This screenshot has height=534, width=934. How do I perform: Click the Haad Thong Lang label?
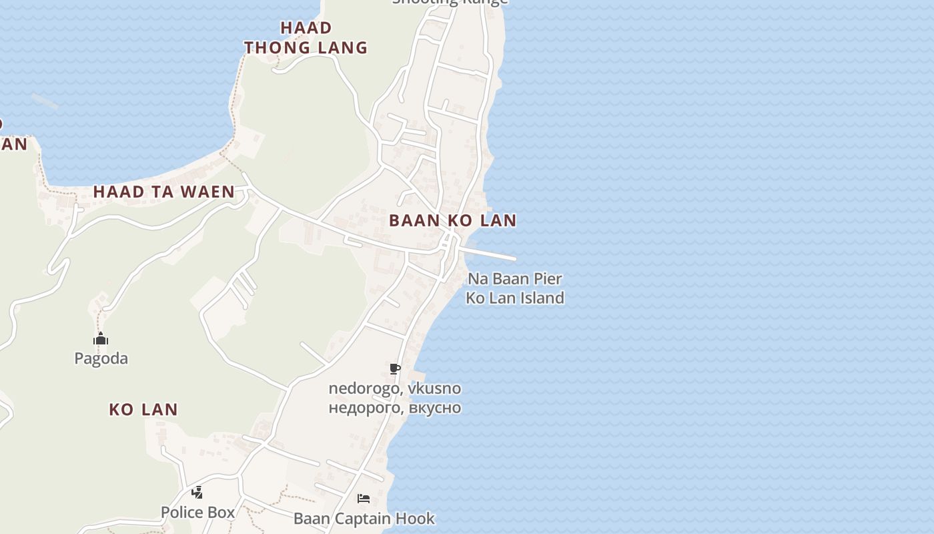(306, 37)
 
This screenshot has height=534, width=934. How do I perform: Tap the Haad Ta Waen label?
(163, 192)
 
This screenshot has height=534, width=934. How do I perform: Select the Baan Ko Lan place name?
(452, 220)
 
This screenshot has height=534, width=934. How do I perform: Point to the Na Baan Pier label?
(514, 279)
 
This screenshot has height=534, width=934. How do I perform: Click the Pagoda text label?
(101, 358)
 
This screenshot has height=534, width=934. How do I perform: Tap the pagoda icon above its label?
(101, 339)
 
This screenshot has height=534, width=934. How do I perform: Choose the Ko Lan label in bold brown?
(143, 409)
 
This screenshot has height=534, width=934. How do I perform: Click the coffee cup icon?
(395, 368)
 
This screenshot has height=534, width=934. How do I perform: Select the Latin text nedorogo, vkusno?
(394, 388)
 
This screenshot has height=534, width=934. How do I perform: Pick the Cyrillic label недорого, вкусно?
(394, 407)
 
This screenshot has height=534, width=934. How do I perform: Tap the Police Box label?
(197, 512)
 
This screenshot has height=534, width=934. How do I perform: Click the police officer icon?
(197, 493)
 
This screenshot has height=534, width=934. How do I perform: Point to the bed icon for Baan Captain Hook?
(364, 499)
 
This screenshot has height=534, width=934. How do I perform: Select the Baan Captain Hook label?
(364, 518)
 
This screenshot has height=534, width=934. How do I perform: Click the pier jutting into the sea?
(490, 254)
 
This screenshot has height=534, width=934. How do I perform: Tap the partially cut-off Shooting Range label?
(450, 2)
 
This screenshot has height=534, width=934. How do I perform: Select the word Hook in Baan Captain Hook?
(417, 518)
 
